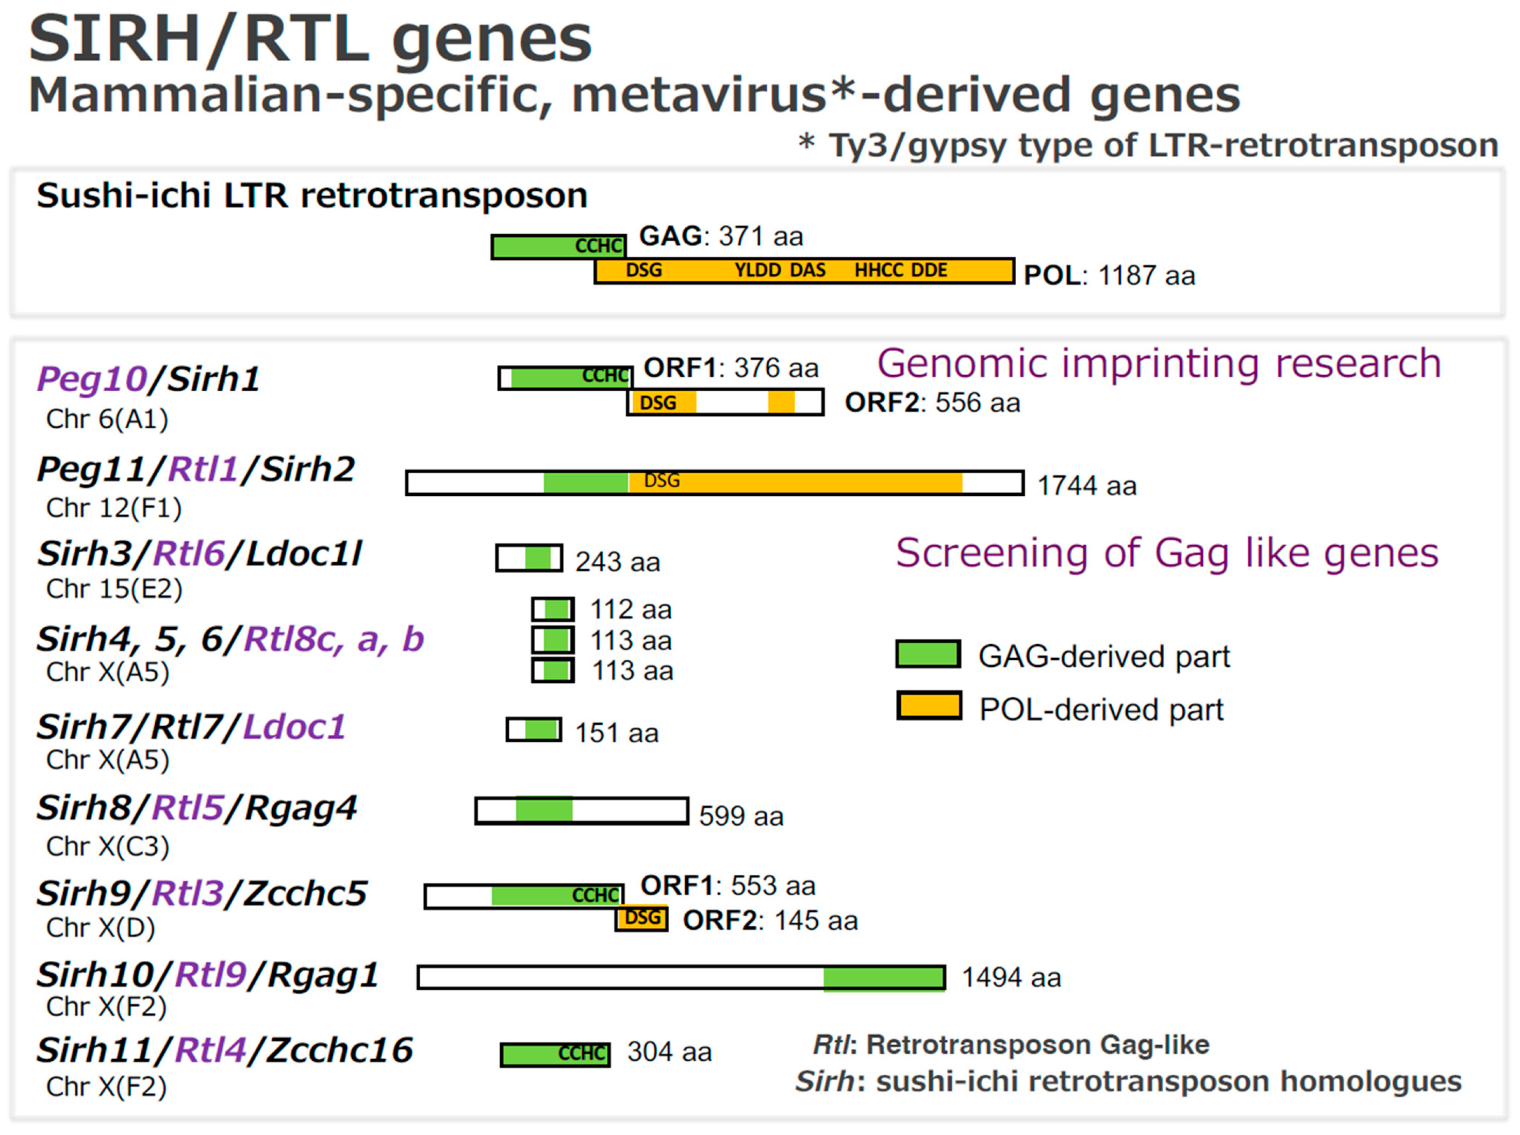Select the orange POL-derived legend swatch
click(929, 706)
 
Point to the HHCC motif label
click(880, 270)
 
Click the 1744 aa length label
click(1086, 486)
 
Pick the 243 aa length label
click(618, 562)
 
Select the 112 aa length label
click(631, 609)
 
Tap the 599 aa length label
click(741, 816)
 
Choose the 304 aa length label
click(669, 1052)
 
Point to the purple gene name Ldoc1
click(294, 727)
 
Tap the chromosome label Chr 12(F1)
click(113, 508)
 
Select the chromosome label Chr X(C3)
click(107, 846)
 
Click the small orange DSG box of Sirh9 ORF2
click(642, 918)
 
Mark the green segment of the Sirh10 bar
click(884, 978)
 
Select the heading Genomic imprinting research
click(1159, 363)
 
